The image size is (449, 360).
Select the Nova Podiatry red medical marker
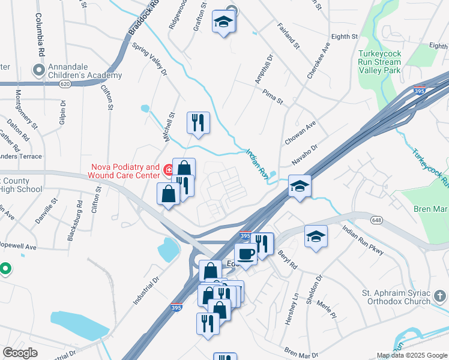[x=169, y=172]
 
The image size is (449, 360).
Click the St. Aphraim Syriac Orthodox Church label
[x=396, y=297]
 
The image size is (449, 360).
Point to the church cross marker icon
[x=439, y=296]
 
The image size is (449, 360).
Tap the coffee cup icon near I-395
[x=246, y=254]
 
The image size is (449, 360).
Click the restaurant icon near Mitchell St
[x=198, y=123]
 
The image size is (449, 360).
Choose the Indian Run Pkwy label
[x=362, y=236]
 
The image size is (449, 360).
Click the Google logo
[x=20, y=353]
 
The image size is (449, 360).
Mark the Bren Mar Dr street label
[x=297, y=349]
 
